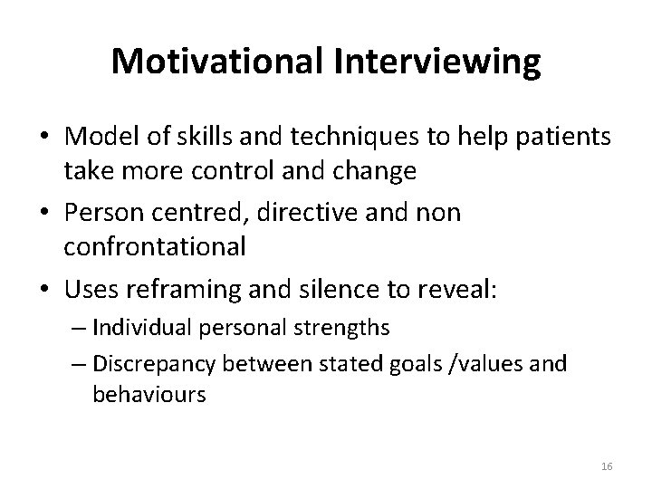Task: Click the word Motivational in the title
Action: coord(223,62)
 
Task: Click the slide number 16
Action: coord(606,465)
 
